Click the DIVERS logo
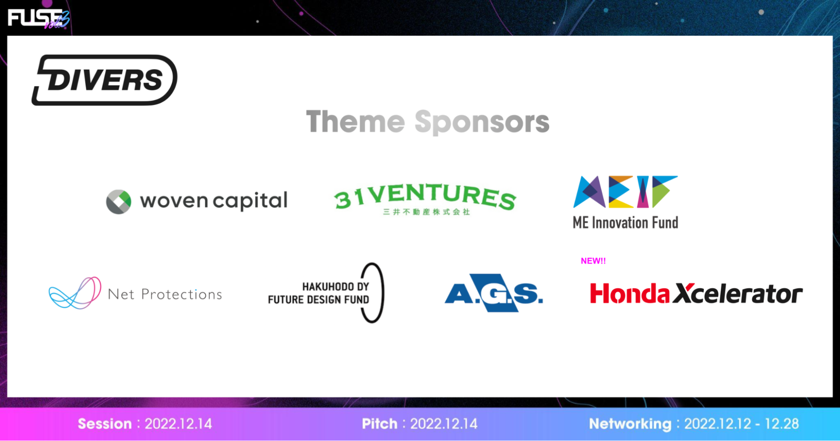click(x=104, y=80)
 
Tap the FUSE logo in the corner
click(x=39, y=18)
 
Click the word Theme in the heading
click(x=355, y=122)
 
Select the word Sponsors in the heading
click(x=482, y=122)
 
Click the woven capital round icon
click(x=118, y=202)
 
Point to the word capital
click(x=250, y=201)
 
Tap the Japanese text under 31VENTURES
click(x=426, y=212)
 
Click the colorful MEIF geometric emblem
click(x=625, y=192)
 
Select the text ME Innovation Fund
click(x=625, y=223)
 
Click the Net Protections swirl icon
click(x=75, y=293)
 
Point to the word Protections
click(x=182, y=294)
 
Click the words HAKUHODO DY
click(x=336, y=286)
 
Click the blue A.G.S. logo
click(x=494, y=293)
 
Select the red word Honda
click(x=629, y=293)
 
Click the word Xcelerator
click(x=738, y=293)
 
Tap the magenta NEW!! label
click(x=593, y=261)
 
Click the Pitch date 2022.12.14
click(x=444, y=424)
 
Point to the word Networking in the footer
click(x=630, y=424)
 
